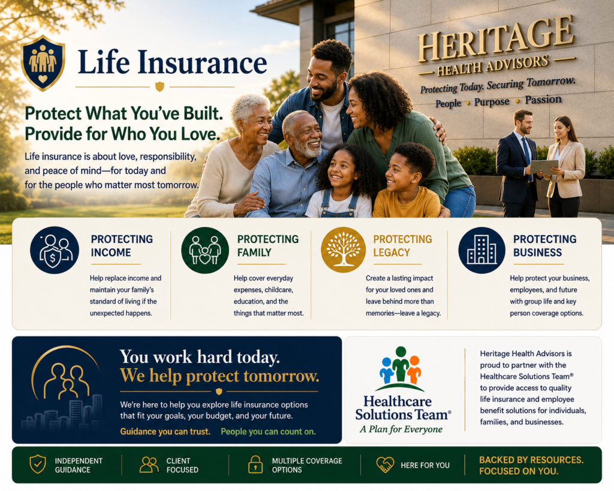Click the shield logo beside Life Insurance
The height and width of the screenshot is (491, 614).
43,62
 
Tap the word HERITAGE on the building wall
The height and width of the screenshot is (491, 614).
496,39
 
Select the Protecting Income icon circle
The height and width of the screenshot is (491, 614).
55,250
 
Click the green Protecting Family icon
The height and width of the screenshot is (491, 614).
205,250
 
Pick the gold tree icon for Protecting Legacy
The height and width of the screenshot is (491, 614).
343,250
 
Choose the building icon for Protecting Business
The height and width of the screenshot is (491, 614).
481,250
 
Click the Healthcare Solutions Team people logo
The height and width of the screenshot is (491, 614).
400,369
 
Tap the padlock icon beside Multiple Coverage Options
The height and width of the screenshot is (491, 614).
255,465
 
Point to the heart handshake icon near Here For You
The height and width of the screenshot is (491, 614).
386,465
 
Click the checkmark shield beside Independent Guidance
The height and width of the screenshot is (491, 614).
38,464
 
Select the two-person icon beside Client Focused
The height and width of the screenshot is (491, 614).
149,465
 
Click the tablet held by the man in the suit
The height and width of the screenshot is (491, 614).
544,167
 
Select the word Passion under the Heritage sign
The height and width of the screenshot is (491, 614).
543,100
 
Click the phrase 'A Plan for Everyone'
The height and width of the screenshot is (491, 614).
401,429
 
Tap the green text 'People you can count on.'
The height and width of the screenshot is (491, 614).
268,432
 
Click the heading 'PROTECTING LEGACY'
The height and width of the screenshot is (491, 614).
402,246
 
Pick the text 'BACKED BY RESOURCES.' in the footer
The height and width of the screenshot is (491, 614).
531,460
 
